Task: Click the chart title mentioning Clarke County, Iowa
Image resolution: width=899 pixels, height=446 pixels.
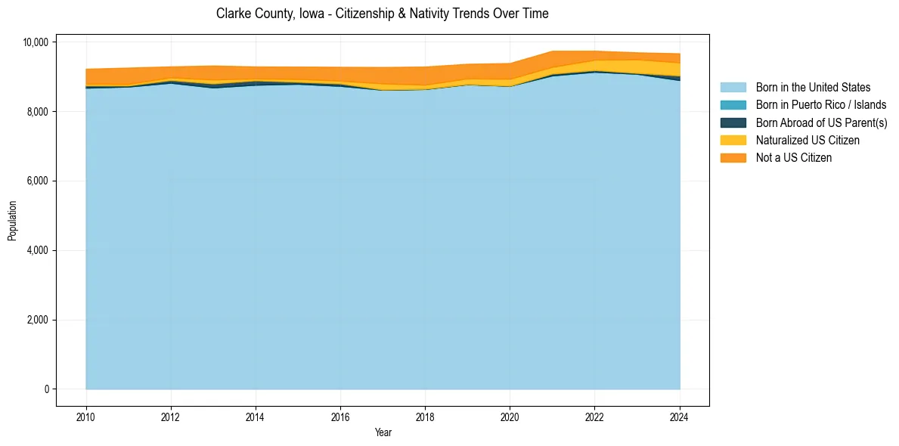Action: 382,14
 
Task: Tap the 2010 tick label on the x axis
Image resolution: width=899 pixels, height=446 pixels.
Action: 86,417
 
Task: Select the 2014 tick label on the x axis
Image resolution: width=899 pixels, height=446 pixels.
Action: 256,417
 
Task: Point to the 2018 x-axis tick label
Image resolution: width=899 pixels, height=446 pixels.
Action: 425,417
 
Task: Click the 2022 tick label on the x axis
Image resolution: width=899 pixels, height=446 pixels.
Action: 595,417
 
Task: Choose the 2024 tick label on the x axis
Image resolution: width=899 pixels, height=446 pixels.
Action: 680,417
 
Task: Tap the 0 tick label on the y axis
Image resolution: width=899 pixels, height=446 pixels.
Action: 47,389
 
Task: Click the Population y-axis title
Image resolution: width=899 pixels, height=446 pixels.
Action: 12,220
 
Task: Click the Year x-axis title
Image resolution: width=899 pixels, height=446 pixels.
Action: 383,432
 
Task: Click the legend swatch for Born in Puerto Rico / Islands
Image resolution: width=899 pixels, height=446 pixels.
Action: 733,105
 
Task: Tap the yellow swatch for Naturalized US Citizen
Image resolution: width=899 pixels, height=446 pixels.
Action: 733,140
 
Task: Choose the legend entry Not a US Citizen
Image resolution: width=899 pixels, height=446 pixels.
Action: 794,157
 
